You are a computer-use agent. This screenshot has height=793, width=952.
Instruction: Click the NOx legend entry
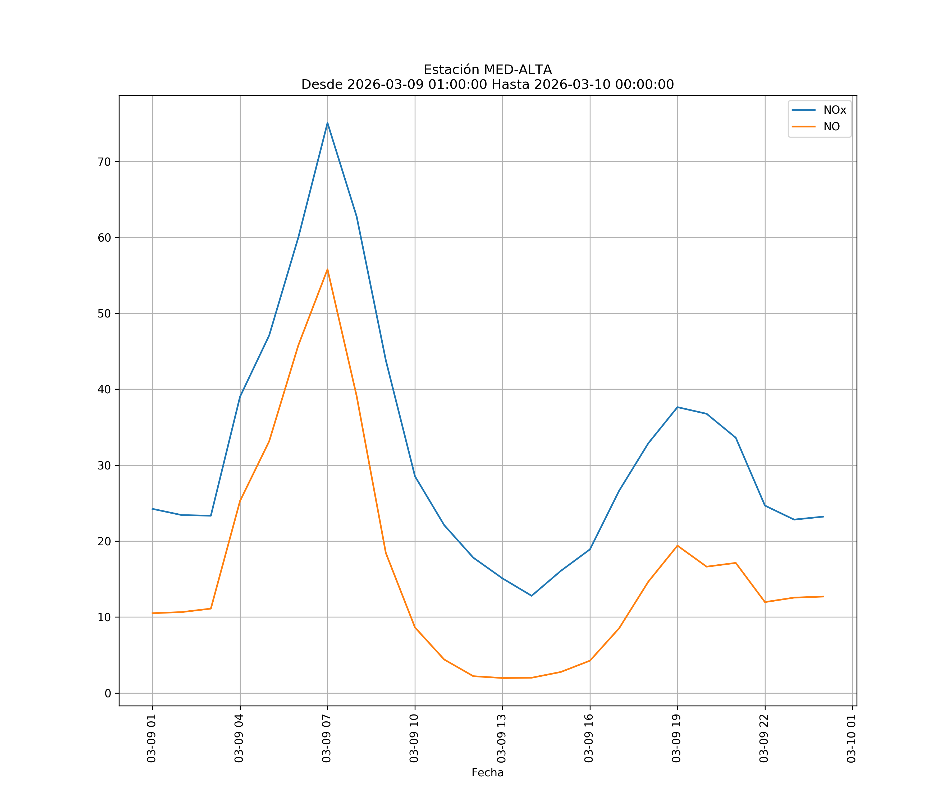[834, 110]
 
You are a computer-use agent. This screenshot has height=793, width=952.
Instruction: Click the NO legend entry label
[831, 127]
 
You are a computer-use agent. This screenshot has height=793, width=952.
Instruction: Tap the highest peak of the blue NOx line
[327, 123]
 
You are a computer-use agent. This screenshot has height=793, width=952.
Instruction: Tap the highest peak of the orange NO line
[327, 270]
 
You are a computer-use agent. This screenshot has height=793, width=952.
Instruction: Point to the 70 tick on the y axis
[104, 162]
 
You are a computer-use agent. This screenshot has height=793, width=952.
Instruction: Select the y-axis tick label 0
[108, 693]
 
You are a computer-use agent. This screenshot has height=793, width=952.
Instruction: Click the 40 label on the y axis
[104, 389]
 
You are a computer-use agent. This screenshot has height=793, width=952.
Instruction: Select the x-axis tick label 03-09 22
[764, 739]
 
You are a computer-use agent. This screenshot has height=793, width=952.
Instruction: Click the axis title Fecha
[487, 773]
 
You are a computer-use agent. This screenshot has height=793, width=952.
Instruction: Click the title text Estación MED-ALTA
[487, 70]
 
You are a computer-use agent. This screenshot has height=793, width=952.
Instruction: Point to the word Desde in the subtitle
[322, 85]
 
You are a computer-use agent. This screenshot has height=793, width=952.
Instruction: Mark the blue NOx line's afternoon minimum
[531, 596]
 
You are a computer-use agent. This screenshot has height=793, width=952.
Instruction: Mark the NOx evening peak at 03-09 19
[677, 407]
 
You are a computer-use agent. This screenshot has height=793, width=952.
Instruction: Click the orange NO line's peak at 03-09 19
[677, 546]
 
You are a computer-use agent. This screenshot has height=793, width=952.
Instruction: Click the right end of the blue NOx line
[823, 517]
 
